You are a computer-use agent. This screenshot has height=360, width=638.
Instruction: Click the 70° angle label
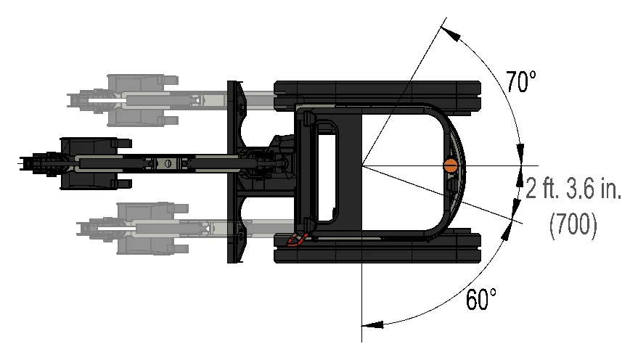click(521, 82)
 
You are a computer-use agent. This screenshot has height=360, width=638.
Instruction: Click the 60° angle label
click(481, 299)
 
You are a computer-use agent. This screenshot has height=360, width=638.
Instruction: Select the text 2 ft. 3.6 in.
click(573, 189)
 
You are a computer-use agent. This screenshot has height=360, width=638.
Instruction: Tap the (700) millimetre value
click(573, 224)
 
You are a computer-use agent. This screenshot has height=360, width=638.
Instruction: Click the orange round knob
click(451, 165)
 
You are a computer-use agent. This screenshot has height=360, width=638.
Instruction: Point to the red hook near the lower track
click(297, 240)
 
